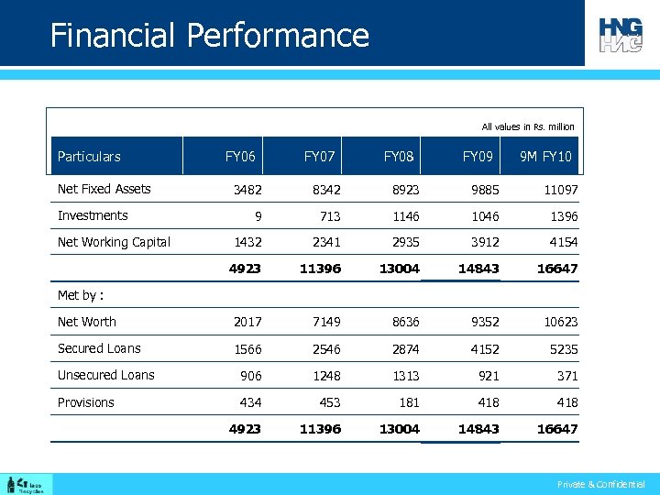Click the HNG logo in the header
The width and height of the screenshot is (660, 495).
[621, 34]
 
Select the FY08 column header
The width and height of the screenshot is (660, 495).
[399, 157]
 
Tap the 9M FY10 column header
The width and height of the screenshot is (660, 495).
[545, 157]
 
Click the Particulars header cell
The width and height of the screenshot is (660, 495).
[89, 157]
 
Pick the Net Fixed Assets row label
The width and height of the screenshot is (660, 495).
[104, 189]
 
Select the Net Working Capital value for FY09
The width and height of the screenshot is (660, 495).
[480, 243]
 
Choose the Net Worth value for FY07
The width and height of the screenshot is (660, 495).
[325, 322]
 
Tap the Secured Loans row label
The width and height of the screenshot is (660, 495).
[99, 348]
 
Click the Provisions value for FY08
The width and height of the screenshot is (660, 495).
[407, 402]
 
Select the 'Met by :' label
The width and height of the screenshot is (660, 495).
[80, 295]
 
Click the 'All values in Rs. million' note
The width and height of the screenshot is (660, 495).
[528, 126]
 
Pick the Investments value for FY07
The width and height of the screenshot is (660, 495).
[329, 216]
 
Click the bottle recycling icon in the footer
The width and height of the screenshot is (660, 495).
[11, 484]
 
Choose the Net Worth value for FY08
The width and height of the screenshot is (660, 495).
[404, 322]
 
